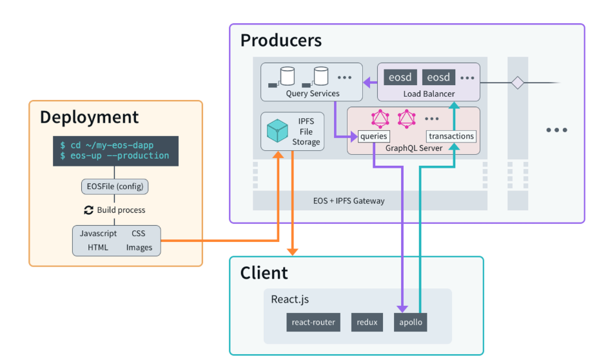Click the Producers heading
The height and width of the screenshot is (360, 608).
pos(280,41)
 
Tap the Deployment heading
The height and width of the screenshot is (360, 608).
pos(89,117)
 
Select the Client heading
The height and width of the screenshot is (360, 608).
pos(264,273)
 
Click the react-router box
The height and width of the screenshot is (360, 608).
pos(313,322)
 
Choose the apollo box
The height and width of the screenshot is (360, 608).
pos(410,322)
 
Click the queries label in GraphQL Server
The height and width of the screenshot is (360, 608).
pos(374,136)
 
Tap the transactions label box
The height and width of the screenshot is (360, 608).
pos(451,136)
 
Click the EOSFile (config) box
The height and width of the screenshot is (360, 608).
pos(115,186)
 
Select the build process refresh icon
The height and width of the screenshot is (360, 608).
pos(89,210)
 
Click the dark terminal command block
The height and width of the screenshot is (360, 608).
pos(115,151)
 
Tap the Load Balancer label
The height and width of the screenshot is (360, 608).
pos(429,94)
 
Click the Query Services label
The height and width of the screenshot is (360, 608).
pos(312,94)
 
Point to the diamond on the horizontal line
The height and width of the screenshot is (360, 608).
pos(516,83)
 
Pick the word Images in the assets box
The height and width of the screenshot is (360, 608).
pos(139,247)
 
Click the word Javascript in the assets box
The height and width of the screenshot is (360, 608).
pos(98,234)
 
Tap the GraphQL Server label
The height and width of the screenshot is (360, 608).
pos(413,148)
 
